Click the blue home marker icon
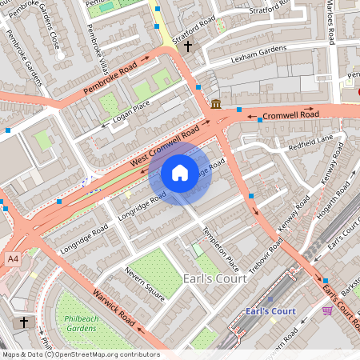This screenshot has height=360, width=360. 180,172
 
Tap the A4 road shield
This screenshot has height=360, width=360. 13,259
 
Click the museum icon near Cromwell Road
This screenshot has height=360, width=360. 216,104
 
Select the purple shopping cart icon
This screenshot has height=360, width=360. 327,310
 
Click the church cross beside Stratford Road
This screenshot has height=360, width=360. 188,46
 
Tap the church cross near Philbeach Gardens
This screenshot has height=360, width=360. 23,322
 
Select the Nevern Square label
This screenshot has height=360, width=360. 145,285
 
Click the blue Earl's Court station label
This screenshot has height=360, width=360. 270,310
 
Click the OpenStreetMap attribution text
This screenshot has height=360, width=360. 81,354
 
